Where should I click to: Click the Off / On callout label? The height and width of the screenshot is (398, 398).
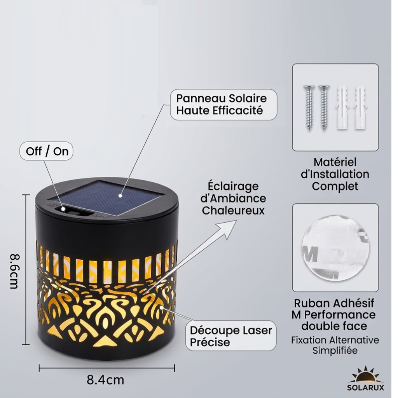[46, 151]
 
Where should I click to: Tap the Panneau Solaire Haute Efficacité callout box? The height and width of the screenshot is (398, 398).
[223, 104]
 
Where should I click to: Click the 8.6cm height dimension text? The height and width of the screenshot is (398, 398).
[14, 271]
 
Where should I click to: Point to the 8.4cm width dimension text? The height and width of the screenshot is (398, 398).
[105, 380]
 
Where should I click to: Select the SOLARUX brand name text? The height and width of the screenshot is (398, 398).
[366, 388]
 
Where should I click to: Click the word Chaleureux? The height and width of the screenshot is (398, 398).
[233, 210]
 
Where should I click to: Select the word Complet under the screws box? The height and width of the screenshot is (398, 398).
[335, 186]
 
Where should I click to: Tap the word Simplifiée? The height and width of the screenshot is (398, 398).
[335, 351]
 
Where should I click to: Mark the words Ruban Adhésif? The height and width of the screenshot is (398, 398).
[334, 303]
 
